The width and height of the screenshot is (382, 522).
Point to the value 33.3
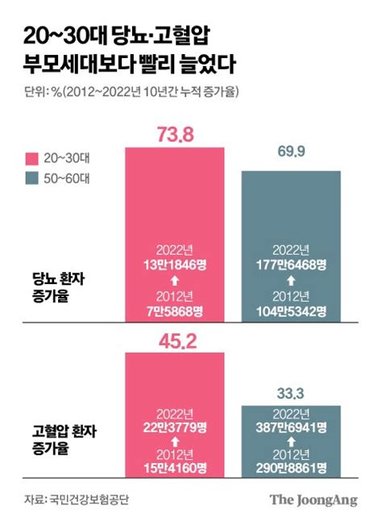point(291,395)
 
